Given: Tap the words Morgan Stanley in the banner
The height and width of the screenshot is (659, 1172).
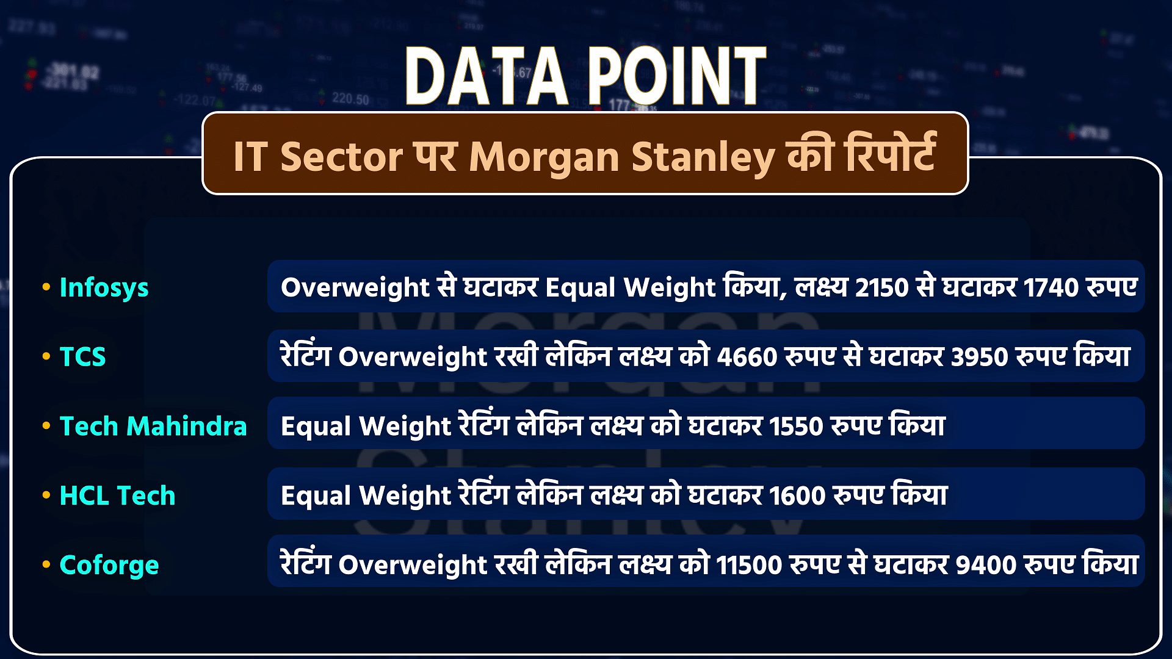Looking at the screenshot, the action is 622,157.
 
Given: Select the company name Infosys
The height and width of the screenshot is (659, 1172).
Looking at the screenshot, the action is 104,288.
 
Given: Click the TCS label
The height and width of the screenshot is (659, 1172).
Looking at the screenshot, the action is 83,357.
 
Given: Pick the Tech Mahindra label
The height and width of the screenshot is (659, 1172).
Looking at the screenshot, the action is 153,426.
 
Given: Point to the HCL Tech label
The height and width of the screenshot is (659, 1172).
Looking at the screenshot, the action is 118,495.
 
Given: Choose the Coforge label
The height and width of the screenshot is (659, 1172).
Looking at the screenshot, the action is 109,566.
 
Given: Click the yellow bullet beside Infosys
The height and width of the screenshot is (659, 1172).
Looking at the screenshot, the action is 46,287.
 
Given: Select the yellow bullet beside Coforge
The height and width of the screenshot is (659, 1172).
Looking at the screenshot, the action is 46,565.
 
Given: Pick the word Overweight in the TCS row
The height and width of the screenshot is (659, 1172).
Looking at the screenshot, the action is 413,358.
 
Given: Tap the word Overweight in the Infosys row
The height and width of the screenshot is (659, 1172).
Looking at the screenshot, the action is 355,288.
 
